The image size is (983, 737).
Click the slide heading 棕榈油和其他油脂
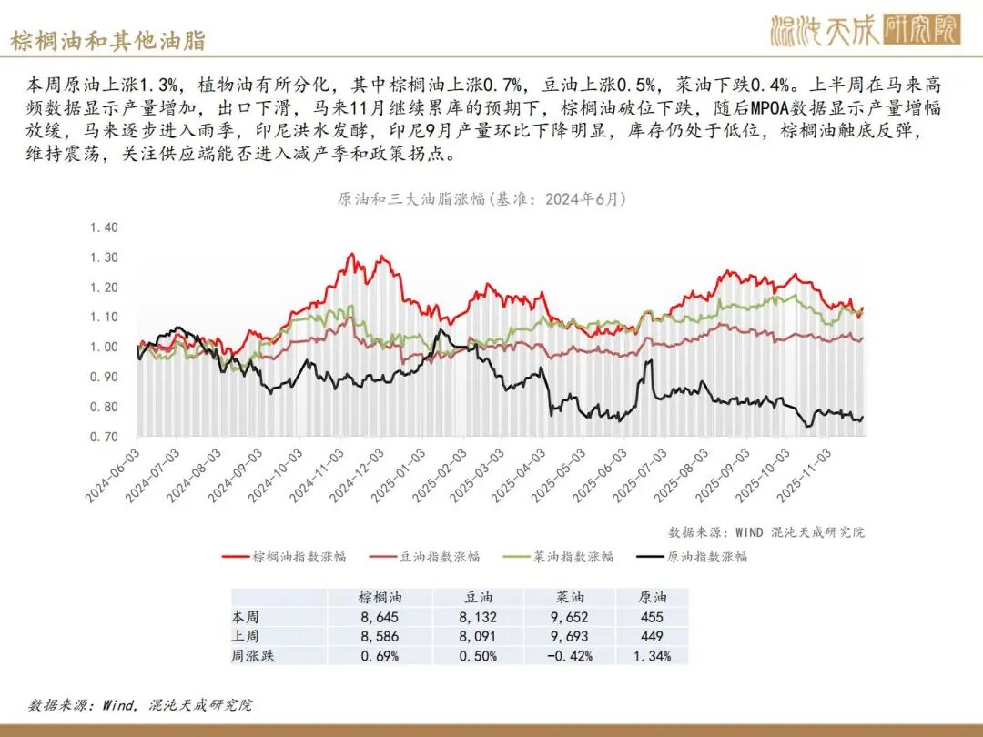pos(107,40)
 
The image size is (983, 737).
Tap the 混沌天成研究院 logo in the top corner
pos(865,29)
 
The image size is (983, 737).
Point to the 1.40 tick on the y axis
pos(105,227)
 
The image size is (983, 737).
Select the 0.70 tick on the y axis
pos(105,438)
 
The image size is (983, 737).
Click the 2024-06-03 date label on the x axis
pos(115,475)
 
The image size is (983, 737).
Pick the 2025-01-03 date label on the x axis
pos(400,475)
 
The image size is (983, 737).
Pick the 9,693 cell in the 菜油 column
pos(570,636)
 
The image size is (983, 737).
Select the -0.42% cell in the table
pos(570,655)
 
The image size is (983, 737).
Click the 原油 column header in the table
pos(652,598)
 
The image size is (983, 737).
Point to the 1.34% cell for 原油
pos(652,655)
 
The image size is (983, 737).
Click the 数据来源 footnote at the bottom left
pos(140,704)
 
